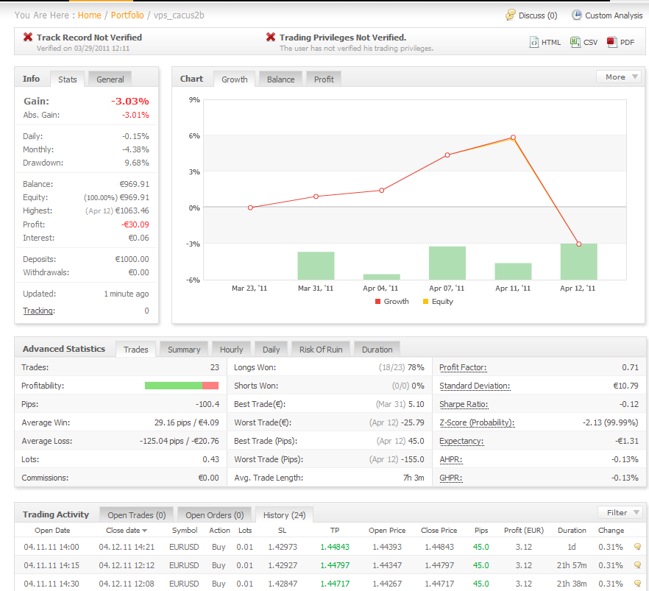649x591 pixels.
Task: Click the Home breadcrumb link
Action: (89, 15)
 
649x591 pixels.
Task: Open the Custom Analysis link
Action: (613, 15)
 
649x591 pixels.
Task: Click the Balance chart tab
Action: (280, 79)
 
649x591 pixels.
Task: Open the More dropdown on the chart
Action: (618, 77)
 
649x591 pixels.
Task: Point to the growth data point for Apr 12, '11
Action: (578, 244)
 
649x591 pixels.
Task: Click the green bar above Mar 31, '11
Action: (316, 266)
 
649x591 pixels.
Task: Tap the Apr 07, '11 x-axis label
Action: (447, 289)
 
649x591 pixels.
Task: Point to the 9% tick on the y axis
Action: (195, 99)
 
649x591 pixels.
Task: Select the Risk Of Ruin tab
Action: (322, 350)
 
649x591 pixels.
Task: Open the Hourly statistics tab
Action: (231, 350)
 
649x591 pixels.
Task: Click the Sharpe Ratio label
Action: (464, 404)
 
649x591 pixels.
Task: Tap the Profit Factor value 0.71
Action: (631, 367)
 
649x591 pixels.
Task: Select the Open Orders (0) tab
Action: (214, 515)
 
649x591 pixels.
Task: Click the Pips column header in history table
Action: (481, 531)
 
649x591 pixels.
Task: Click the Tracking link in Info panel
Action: (38, 311)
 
